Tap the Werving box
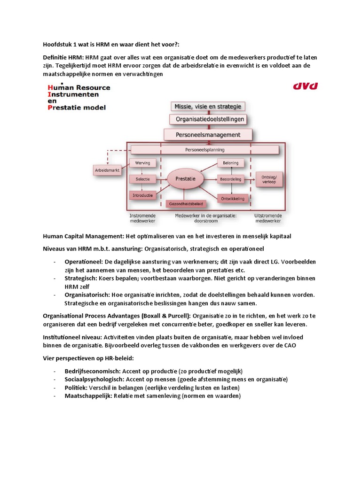click(x=142, y=163)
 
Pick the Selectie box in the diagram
click(x=142, y=179)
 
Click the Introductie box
click(x=142, y=195)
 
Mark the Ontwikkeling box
click(x=232, y=199)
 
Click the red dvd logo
click(x=306, y=86)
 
